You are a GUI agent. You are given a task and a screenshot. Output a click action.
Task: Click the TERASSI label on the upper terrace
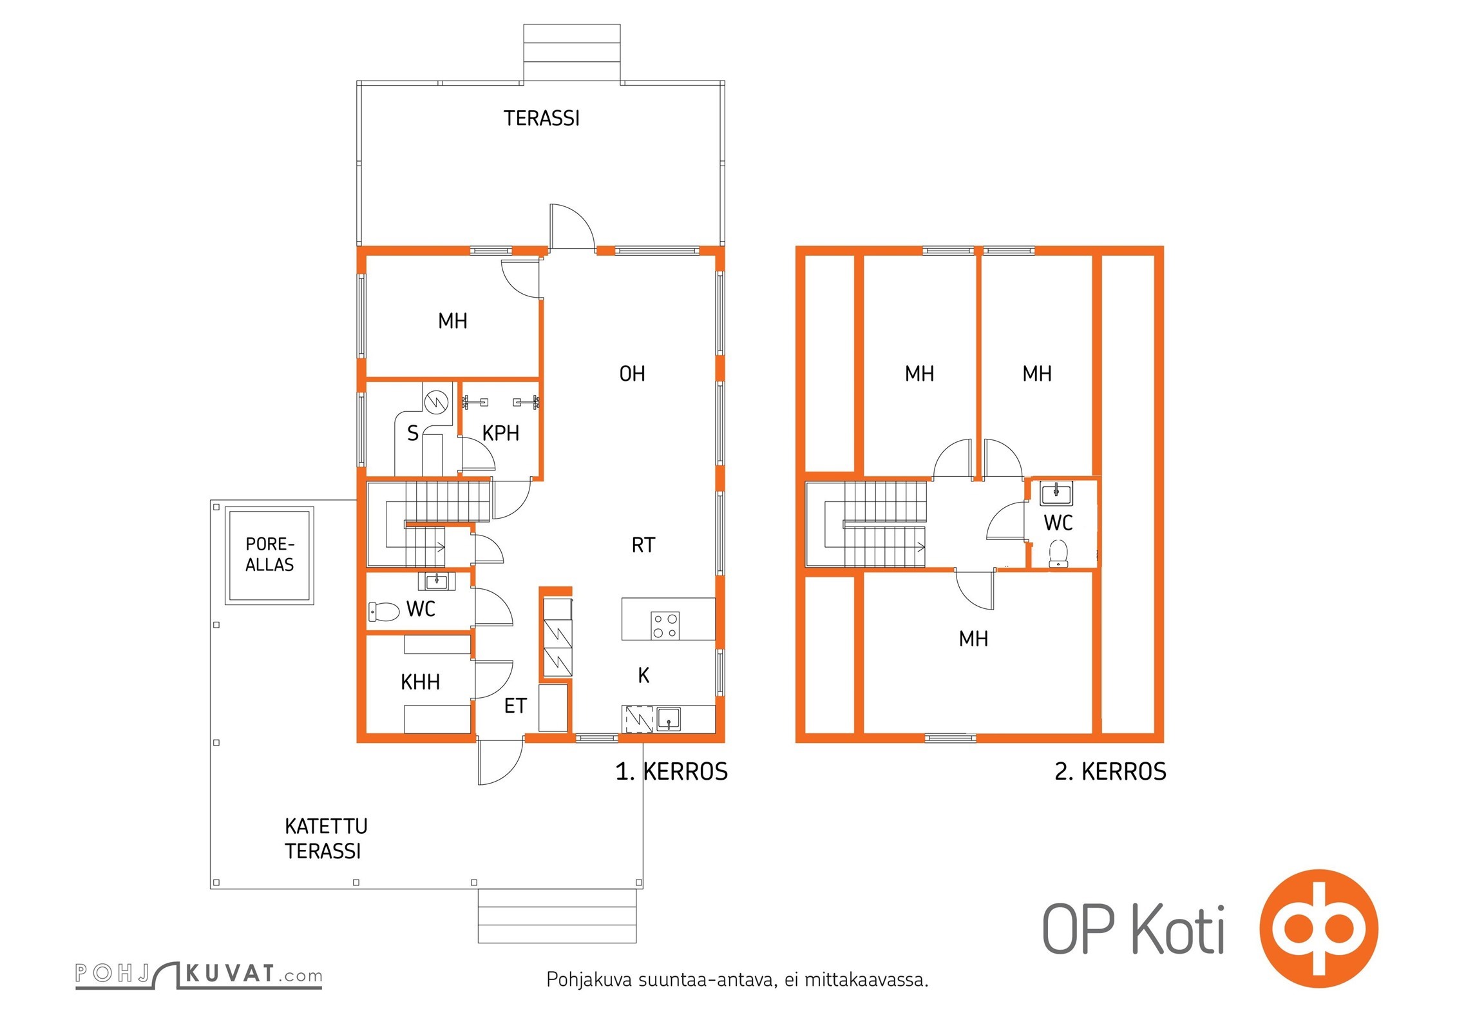(x=542, y=119)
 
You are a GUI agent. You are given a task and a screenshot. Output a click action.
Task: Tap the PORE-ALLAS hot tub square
(x=269, y=555)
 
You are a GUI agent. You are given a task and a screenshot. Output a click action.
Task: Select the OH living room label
(x=632, y=374)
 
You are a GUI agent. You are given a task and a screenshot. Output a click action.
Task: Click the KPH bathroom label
(x=500, y=433)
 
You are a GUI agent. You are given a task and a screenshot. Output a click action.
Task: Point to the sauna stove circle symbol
(x=436, y=402)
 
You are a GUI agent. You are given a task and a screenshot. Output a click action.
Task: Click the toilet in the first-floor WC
(x=384, y=612)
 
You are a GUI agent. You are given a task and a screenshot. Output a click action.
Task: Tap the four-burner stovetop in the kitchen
(x=665, y=625)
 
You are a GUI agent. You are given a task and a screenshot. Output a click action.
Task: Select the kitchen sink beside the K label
(x=669, y=718)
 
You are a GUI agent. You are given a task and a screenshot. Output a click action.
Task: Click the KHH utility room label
(x=420, y=682)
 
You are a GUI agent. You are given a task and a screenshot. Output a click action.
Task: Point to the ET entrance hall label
(x=515, y=706)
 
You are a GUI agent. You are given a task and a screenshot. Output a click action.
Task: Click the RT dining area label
(x=643, y=546)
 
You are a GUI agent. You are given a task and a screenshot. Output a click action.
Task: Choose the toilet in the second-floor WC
(x=1058, y=554)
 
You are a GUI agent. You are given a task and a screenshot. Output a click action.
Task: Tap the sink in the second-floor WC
(x=1056, y=494)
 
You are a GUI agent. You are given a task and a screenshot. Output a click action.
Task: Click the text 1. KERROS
(x=672, y=771)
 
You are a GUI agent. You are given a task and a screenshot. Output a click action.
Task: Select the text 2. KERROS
(x=1110, y=771)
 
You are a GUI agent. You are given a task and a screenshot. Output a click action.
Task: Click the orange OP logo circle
(x=1319, y=929)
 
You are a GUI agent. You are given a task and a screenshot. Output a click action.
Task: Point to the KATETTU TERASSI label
(x=326, y=839)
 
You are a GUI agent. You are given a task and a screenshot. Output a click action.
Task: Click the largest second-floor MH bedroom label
(x=973, y=639)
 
